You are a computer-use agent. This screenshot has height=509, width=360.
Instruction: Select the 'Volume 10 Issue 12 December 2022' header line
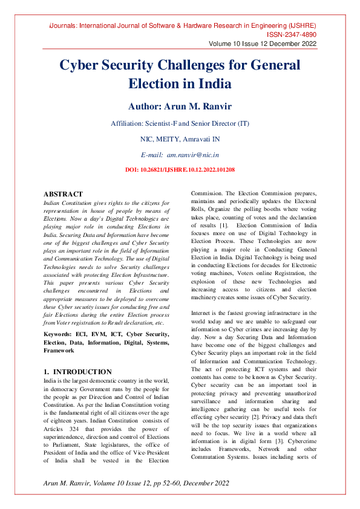pyautogui.click(x=262, y=44)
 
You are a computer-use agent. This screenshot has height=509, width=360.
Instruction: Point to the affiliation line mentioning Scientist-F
pyautogui.click(x=180, y=123)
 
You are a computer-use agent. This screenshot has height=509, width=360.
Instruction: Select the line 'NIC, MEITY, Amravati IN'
pyautogui.click(x=180, y=139)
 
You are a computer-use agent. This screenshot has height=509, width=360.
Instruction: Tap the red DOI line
pyautogui.click(x=180, y=170)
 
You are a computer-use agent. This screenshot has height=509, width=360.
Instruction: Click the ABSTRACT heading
pyautogui.click(x=63, y=194)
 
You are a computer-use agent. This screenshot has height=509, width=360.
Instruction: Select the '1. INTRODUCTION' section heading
pyautogui.click(x=77, y=371)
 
